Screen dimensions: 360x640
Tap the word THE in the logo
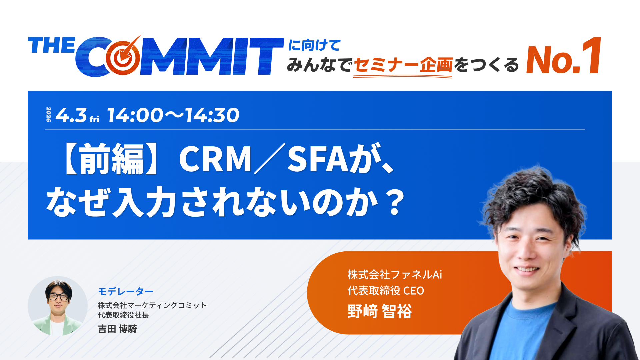pos(52,45)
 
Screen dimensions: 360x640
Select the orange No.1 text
pos(563,57)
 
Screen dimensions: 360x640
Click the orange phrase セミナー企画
pos(403,65)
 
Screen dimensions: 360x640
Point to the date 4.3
pos(71,115)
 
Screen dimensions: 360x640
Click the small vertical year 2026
pos(49,114)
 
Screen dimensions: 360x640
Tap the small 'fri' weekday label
pos(94,119)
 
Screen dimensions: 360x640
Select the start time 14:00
pos(135,115)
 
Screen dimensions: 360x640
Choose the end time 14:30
pos(212,115)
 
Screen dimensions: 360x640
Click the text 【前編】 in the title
pos(104,159)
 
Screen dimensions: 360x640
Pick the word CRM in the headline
pos(215,159)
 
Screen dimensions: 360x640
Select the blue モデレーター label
pos(126,292)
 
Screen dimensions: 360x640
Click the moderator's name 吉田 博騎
pos(117,329)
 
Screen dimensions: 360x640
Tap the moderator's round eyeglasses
pos(59,296)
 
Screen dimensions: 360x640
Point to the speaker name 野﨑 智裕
pos(380,311)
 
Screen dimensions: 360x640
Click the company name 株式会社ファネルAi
pos(395,275)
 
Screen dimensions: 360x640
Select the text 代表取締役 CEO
pos(386,291)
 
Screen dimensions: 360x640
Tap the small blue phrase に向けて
pos(314,45)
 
